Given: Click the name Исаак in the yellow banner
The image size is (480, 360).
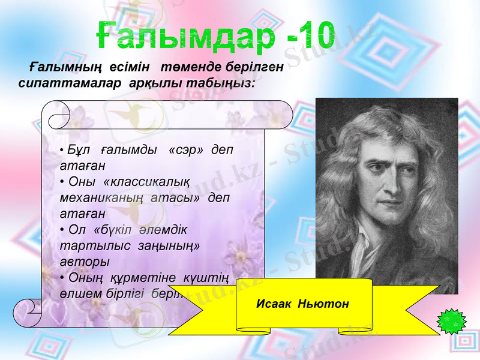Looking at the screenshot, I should tap(274, 304).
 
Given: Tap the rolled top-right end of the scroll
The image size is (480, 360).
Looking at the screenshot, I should tap(282, 114).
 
